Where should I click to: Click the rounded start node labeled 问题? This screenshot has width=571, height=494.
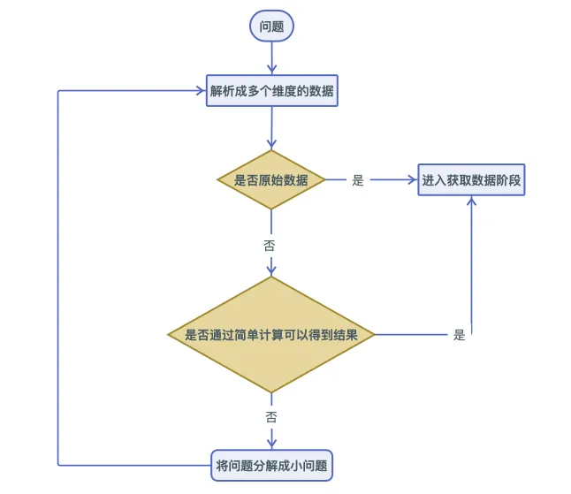pyautogui.click(x=271, y=27)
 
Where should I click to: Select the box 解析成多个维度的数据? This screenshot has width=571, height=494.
pyautogui.click(x=272, y=91)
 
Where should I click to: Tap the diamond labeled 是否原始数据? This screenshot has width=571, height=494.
pyautogui.click(x=271, y=180)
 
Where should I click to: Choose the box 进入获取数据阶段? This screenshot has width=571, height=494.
pyautogui.click(x=471, y=180)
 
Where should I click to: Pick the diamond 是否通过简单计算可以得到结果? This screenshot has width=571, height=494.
pyautogui.click(x=272, y=335)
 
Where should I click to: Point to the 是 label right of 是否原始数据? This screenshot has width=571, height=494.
pyautogui.click(x=358, y=180)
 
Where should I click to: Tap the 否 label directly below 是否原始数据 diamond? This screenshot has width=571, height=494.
pyautogui.click(x=270, y=245)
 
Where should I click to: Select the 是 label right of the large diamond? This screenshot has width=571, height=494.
pyautogui.click(x=459, y=335)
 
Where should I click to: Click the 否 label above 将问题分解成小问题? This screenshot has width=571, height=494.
pyautogui.click(x=271, y=415)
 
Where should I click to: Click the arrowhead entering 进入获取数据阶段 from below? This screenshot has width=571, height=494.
pyautogui.click(x=471, y=201)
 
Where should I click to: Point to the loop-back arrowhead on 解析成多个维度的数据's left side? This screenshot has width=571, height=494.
pyautogui.click(x=201, y=91)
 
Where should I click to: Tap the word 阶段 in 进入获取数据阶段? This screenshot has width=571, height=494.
pyautogui.click(x=509, y=180)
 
